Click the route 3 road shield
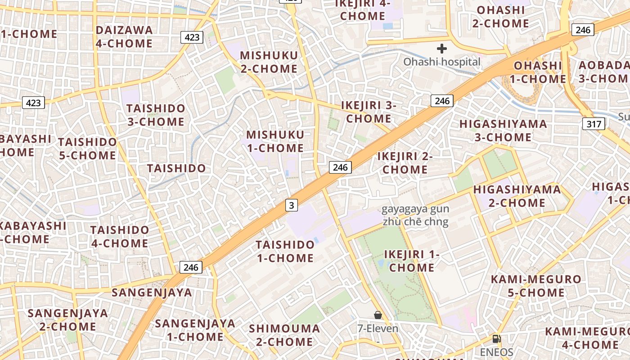tap(292, 206)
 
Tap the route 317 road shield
tap(593, 124)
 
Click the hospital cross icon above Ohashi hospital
tap(442, 49)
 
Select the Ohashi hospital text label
tap(441, 62)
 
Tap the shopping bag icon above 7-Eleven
tap(378, 315)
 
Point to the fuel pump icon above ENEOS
tap(496, 339)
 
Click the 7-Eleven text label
tap(378, 328)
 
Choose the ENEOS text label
tap(496, 352)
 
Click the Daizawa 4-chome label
tap(124, 37)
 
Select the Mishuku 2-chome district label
tap(269, 62)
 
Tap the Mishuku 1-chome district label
tap(275, 141)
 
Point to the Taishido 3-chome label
tap(155, 115)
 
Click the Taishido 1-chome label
tap(285, 251)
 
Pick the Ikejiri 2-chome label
tap(405, 163)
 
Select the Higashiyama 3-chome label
tap(503, 130)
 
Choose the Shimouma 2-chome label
tap(284, 335)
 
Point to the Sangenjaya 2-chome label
tap(67, 319)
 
